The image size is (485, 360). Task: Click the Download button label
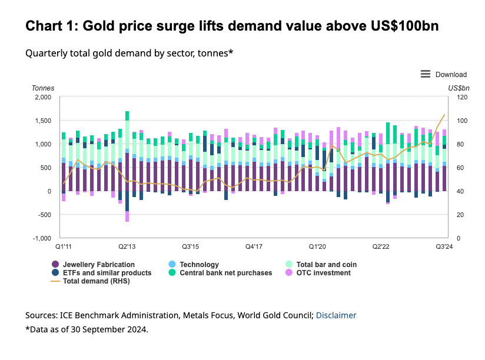pyautogui.click(x=451, y=75)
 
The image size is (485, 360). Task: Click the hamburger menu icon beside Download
pyautogui.click(x=426, y=74)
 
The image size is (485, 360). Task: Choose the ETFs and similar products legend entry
pyautogui.click(x=102, y=273)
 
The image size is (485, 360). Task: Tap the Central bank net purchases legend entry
pyautogui.click(x=226, y=273)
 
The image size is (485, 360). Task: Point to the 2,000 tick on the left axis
pyautogui.click(x=43, y=97)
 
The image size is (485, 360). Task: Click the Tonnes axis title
pyautogui.click(x=43, y=88)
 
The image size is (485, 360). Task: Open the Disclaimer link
pyautogui.click(x=336, y=315)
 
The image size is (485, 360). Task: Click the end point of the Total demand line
pyautogui.click(x=444, y=115)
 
